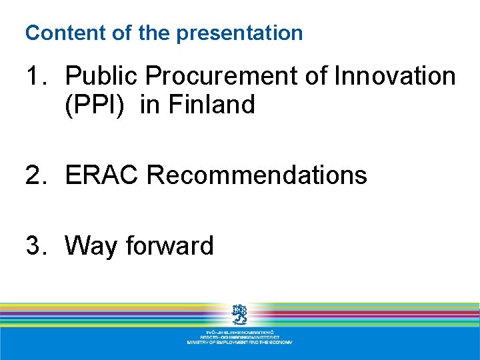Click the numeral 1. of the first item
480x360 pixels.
point(37,77)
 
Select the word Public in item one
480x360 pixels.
point(102,77)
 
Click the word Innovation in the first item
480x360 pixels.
point(395,77)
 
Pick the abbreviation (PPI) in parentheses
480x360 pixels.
point(94,105)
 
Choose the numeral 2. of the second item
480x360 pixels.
point(37,175)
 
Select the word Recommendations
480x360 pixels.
point(257,175)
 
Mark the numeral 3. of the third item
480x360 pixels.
point(37,246)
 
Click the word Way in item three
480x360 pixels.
point(91,246)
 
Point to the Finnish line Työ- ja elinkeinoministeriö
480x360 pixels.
point(239,331)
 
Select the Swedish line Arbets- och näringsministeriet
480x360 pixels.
point(239,337)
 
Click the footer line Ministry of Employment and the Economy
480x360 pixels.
point(239,342)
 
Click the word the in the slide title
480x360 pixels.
point(153,33)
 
